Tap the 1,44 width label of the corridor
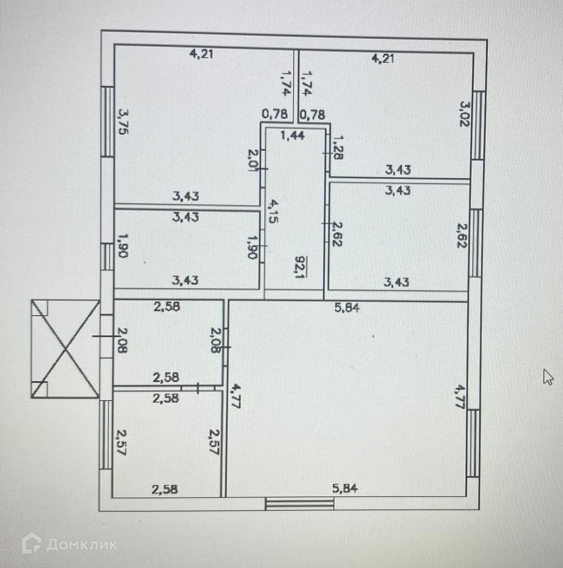293,136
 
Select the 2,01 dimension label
253,160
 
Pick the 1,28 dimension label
338,147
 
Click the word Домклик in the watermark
82,545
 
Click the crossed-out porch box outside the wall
65,349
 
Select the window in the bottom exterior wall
300,503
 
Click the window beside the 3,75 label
108,121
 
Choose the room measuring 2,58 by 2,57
167,444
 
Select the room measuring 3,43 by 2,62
398,236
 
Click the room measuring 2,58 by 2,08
169,343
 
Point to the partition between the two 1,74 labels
295,85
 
